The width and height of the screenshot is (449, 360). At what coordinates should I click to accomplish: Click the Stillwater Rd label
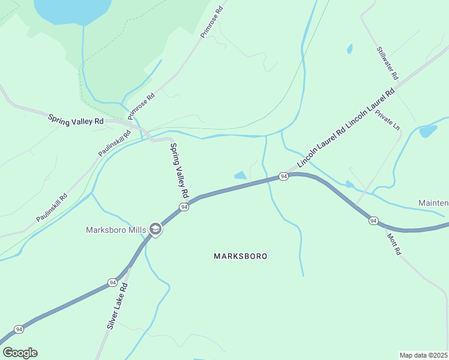pos(387,64)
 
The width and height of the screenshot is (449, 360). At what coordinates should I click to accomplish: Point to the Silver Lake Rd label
pos(118,306)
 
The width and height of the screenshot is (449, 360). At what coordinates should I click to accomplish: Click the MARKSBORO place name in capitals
pos(240,256)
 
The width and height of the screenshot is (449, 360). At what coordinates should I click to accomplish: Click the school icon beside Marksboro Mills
pos(155,229)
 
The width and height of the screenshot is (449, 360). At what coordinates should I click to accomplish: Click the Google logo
pos(20,353)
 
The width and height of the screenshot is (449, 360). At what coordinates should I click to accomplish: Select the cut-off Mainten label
pos(433,203)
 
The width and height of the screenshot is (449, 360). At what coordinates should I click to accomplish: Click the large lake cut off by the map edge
pos(73,10)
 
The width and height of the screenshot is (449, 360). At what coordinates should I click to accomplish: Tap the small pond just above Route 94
pos(240,175)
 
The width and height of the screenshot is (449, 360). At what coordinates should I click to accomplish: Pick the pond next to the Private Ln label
pos(428,131)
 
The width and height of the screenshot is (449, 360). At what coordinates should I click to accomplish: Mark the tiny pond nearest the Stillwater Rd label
pos(349,49)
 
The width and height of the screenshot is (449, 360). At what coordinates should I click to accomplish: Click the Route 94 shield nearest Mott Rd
pos(373,221)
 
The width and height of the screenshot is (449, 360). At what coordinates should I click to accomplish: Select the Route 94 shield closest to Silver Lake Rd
pos(112,282)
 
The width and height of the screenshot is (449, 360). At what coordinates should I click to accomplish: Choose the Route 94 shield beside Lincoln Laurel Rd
pos(284,176)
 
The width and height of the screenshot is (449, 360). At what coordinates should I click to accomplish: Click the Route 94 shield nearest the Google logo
pos(19,329)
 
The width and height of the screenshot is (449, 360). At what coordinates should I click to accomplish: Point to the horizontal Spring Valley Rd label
pos(76,121)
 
